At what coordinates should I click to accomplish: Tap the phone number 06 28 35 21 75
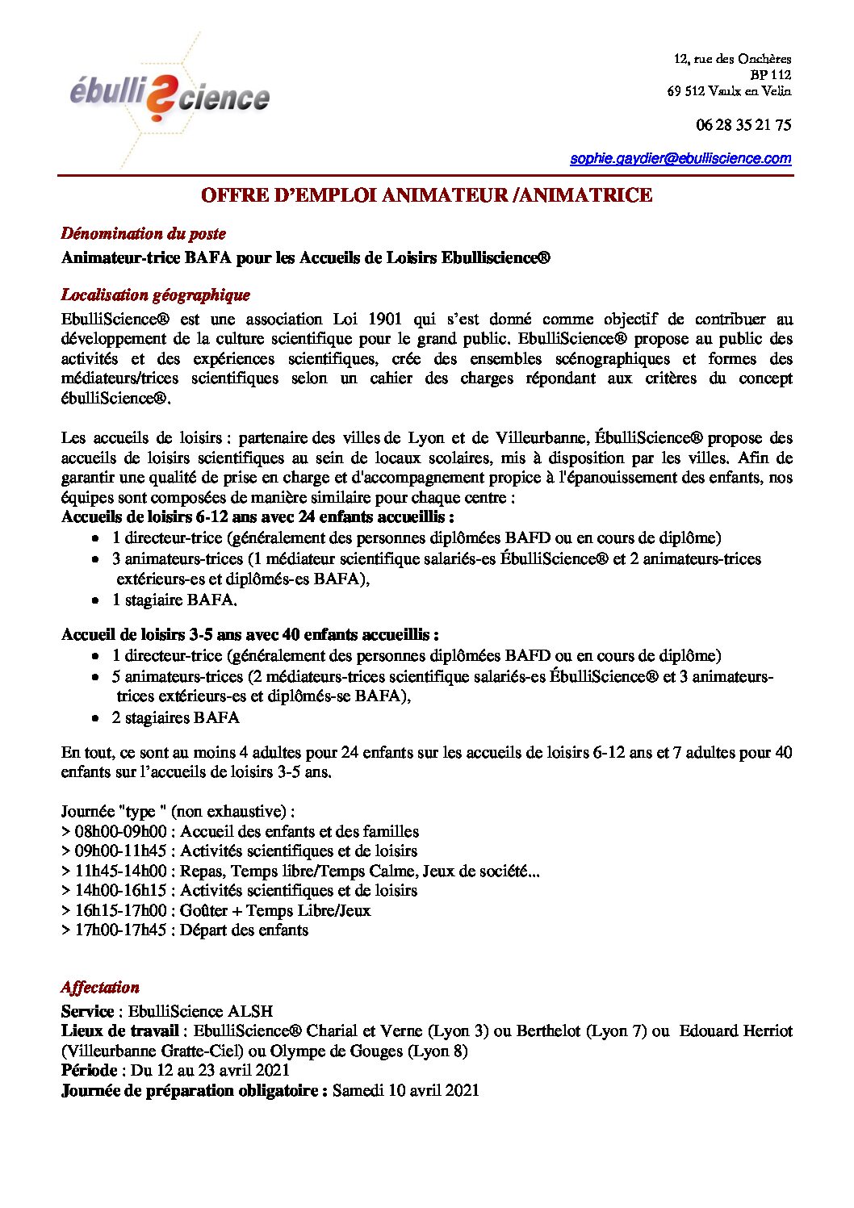click(x=743, y=124)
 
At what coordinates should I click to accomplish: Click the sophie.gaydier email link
click(x=680, y=158)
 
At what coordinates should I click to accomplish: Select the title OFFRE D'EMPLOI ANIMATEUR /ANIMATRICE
click(x=426, y=195)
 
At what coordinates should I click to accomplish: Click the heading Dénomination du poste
click(x=144, y=234)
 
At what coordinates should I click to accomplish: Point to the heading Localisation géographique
click(x=156, y=295)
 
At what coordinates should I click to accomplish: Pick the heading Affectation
click(x=100, y=988)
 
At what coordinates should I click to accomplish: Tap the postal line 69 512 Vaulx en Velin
click(x=729, y=91)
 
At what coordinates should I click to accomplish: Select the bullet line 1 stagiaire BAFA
click(x=174, y=600)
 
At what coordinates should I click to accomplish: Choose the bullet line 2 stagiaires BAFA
click(x=176, y=718)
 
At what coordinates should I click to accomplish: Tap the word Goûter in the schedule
click(x=206, y=911)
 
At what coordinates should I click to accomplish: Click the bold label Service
click(x=87, y=1012)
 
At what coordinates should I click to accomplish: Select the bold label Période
click(x=90, y=1071)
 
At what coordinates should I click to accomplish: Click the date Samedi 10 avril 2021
click(x=405, y=1091)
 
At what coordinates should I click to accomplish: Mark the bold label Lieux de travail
click(x=120, y=1031)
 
